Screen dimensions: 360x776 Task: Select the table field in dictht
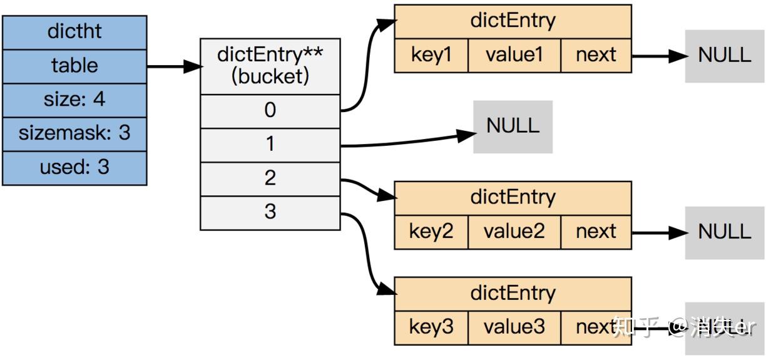[x=74, y=66]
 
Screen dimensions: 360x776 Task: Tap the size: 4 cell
[x=74, y=100]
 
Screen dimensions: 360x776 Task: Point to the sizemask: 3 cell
[x=74, y=133]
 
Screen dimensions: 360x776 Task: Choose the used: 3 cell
[x=74, y=167]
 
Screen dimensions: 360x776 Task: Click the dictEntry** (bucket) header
[x=270, y=66]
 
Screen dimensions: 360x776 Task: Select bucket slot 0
[x=270, y=111]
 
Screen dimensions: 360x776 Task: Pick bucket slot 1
[x=270, y=145]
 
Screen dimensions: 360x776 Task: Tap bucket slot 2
[x=270, y=178]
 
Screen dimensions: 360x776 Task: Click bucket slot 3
[x=270, y=212]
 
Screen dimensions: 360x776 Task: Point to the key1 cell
[x=431, y=55]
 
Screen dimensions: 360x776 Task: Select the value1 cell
[x=514, y=55]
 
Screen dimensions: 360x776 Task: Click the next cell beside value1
[x=596, y=55]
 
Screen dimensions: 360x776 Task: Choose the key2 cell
[x=431, y=232]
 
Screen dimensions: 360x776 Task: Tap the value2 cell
[x=514, y=232]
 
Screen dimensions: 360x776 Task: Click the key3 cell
[x=431, y=327]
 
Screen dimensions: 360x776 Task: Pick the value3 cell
[x=514, y=327]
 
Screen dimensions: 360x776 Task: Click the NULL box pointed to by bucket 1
[x=513, y=126]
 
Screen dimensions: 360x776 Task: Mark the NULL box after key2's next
[x=724, y=232]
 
